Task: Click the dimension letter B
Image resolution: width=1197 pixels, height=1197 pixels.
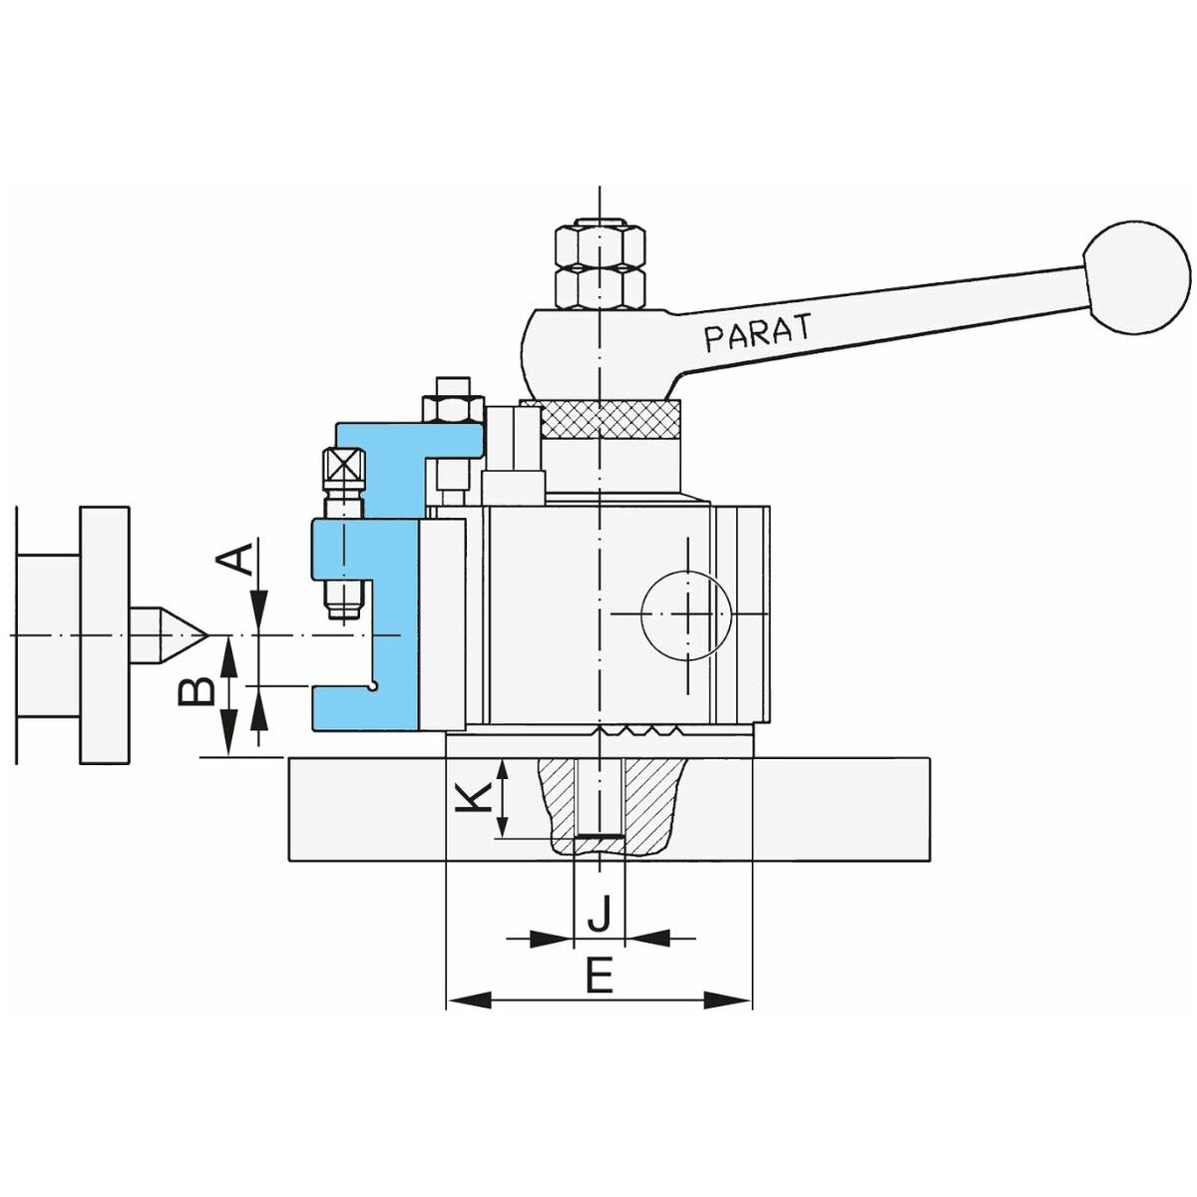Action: point(197,690)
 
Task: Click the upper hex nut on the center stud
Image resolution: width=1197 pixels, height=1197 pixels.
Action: point(598,244)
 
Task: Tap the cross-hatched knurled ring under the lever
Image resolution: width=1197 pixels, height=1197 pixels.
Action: point(611,419)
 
